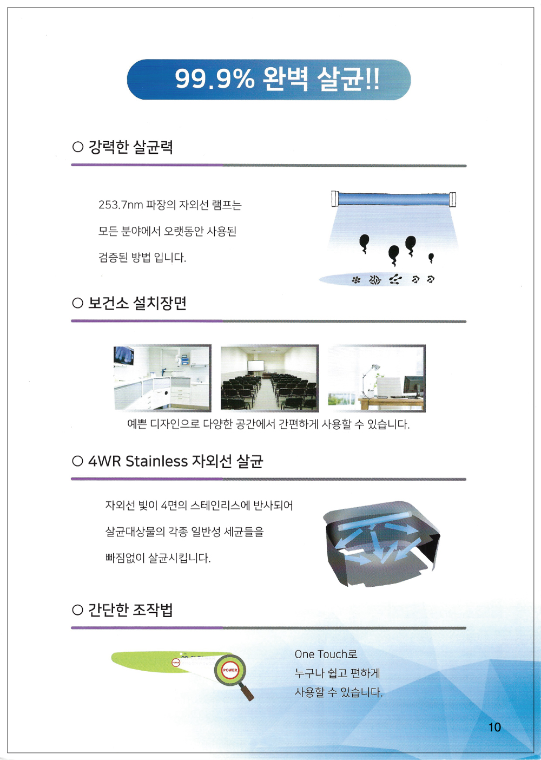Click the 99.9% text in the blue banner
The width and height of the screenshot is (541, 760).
[214, 79]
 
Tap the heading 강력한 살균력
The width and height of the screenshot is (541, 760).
[131, 147]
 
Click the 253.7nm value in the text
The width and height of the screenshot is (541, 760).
[121, 205]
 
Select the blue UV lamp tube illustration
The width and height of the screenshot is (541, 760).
[393, 199]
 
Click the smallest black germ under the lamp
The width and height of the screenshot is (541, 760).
[431, 258]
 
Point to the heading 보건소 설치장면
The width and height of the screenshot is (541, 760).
[137, 303]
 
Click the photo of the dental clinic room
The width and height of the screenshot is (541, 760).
[162, 378]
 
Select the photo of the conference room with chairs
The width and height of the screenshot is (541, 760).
[269, 378]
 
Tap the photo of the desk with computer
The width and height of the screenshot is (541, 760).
[377, 378]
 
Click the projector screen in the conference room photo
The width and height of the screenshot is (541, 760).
[256, 366]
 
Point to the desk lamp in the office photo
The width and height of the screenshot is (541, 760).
[369, 379]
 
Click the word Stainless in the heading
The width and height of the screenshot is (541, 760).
[156, 461]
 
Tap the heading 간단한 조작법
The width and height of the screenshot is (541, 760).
[130, 610]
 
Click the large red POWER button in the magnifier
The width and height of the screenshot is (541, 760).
[230, 670]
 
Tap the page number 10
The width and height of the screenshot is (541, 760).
[494, 727]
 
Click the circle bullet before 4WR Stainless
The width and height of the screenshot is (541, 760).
[78, 461]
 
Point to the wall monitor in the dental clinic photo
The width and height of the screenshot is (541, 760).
[124, 356]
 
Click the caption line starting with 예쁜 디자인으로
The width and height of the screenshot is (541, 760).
[268, 424]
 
